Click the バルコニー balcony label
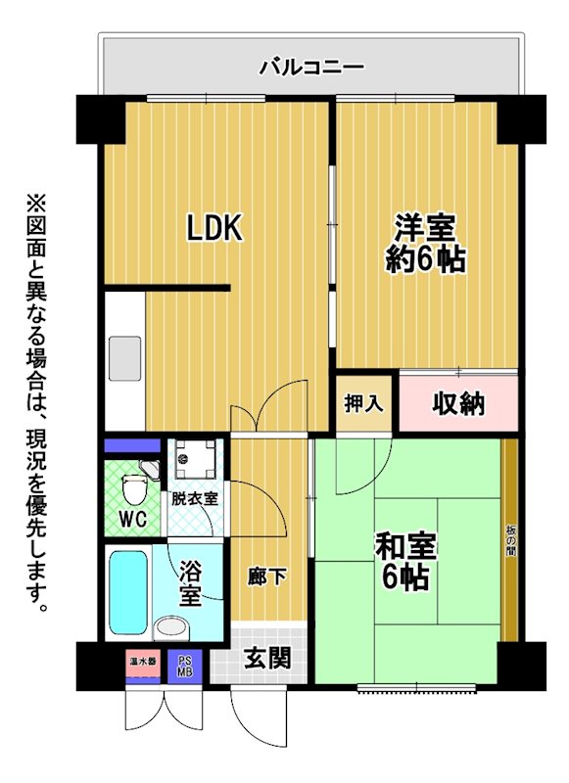point(311,67)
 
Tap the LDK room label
point(214,228)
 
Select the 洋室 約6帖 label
point(426,243)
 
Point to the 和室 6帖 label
point(405,561)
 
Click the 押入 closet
point(363,403)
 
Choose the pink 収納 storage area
point(458,403)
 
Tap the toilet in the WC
point(135,488)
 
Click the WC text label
point(133,520)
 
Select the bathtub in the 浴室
point(128,593)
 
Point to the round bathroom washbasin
point(170,628)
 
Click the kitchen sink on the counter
point(125,358)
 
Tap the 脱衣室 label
point(195,498)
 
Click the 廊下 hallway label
point(267,576)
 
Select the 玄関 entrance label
point(267,658)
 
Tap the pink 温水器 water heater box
point(143,663)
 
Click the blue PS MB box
point(185,667)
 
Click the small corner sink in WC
point(150,469)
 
